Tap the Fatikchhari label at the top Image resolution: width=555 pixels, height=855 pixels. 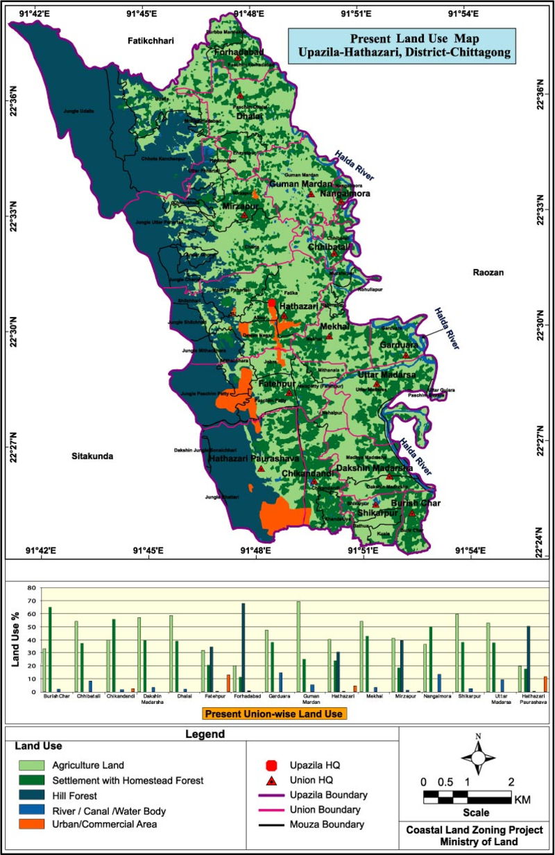pyautogui.click(x=151, y=41)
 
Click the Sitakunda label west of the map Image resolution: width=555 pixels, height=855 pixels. pyautogui.click(x=92, y=456)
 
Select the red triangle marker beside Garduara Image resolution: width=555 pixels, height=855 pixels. pyautogui.click(x=407, y=355)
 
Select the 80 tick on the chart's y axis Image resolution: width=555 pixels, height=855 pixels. pyautogui.click(x=31, y=587)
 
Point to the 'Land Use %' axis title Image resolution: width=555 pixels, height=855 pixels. pyautogui.click(x=15, y=639)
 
